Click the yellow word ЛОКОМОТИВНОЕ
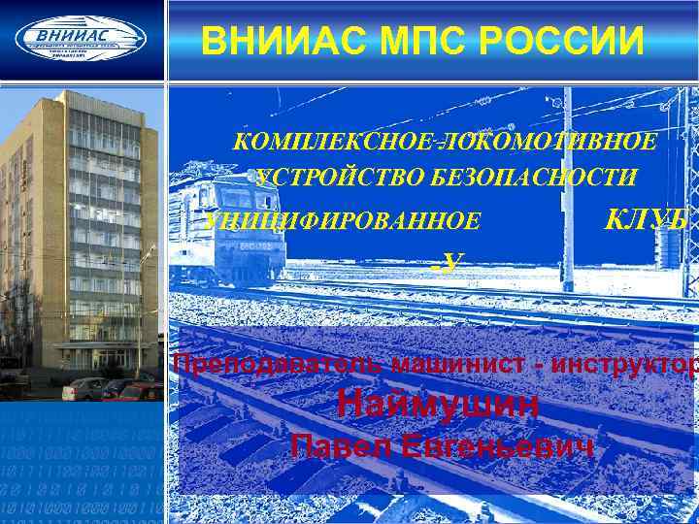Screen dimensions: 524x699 (x=549, y=143)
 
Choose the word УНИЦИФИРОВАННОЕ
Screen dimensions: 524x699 (x=344, y=221)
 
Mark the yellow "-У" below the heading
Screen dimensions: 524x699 (x=449, y=260)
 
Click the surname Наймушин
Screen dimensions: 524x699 (x=437, y=405)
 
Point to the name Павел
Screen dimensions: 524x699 (x=341, y=445)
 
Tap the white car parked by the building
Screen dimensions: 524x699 (x=83, y=389)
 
